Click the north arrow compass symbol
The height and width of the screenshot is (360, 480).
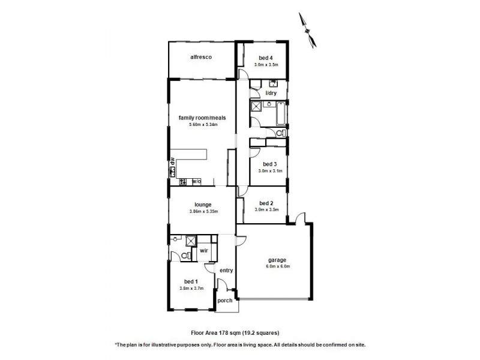[x=308, y=29]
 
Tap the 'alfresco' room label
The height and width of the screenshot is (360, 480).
[x=200, y=57]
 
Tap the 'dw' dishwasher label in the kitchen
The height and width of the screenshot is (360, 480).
[x=172, y=161]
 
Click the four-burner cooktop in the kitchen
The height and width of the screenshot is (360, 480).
[x=184, y=181]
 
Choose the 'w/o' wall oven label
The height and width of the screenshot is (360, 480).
[x=197, y=181]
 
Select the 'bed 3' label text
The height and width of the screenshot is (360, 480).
[x=269, y=164]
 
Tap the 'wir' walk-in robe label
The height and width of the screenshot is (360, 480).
[x=204, y=252]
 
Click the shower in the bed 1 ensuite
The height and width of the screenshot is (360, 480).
[x=191, y=242]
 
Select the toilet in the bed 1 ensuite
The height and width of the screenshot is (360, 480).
[x=185, y=255]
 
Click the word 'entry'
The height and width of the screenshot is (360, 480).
[x=226, y=271]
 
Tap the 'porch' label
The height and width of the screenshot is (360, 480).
[x=224, y=301]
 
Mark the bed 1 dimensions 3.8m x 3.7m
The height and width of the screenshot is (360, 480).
[x=192, y=288]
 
